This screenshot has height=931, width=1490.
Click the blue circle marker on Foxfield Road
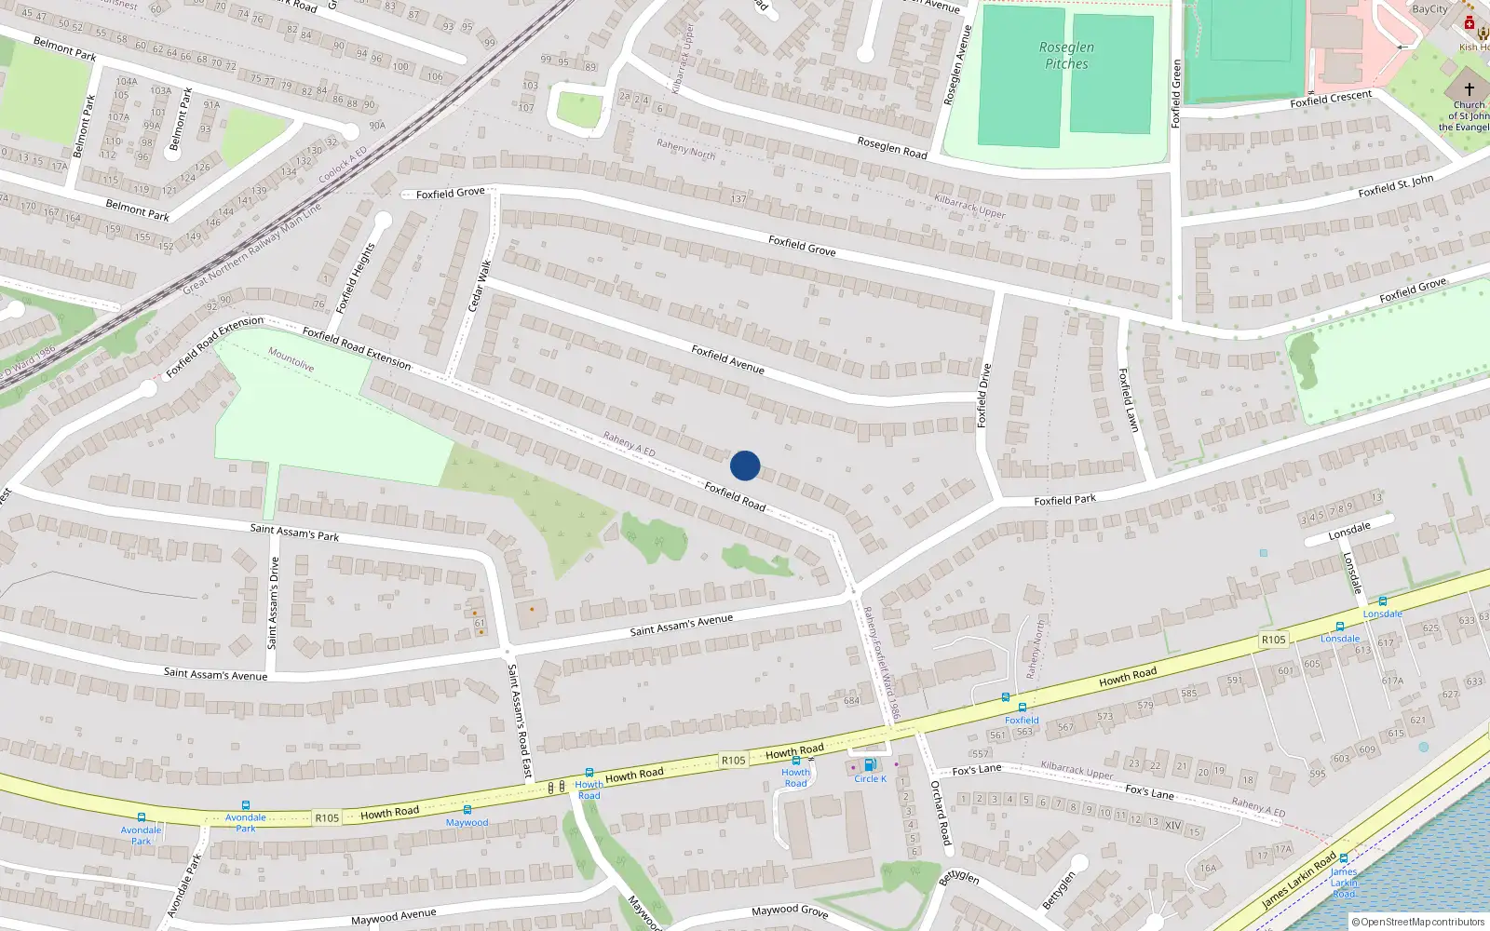pyautogui.click(x=745, y=465)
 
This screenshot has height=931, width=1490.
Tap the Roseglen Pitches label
pyautogui.click(x=1066, y=56)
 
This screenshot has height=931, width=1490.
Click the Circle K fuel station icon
pyautogui.click(x=869, y=765)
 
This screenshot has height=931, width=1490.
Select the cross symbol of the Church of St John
pyautogui.click(x=1469, y=89)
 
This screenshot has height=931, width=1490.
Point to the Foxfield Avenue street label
pyautogui.click(x=727, y=359)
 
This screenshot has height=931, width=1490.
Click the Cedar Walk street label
pyautogui.click(x=479, y=286)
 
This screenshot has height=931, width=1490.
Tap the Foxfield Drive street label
pyautogui.click(x=983, y=396)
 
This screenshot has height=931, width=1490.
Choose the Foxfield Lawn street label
pyautogui.click(x=1129, y=399)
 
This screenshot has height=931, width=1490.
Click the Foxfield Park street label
pyautogui.click(x=1064, y=501)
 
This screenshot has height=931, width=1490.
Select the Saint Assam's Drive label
pyautogui.click(x=273, y=602)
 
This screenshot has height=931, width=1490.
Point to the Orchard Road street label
pyautogui.click(x=941, y=813)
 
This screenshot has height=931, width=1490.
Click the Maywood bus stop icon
pyautogui.click(x=467, y=810)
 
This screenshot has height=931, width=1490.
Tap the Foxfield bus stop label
pyautogui.click(x=1022, y=721)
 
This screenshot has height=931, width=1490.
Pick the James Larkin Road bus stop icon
pyautogui.click(x=1343, y=858)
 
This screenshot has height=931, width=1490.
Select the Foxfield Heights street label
pyautogui.click(x=356, y=277)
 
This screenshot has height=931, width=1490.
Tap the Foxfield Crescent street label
pyautogui.click(x=1331, y=99)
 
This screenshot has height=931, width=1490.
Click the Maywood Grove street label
pyautogui.click(x=789, y=911)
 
